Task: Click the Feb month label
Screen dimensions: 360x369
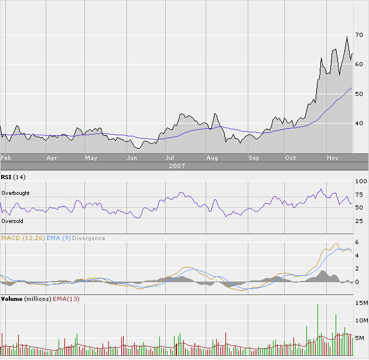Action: pyautogui.click(x=6, y=158)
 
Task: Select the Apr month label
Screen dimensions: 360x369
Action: pyautogui.click(x=52, y=158)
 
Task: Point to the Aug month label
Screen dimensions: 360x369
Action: pyautogui.click(x=212, y=158)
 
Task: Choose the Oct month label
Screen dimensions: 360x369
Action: pyautogui.click(x=291, y=158)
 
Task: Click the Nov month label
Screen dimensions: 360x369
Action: pyautogui.click(x=333, y=158)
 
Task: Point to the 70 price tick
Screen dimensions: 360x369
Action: pyautogui.click(x=359, y=36)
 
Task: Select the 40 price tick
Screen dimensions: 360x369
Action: pyautogui.click(x=359, y=124)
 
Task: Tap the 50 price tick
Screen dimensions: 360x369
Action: pyautogui.click(x=359, y=94)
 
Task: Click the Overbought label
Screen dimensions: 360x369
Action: pyautogui.click(x=15, y=193)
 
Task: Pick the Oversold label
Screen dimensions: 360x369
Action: pyautogui.click(x=12, y=221)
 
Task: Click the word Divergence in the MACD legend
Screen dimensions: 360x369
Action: pyautogui.click(x=89, y=238)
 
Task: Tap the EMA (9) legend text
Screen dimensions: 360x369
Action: pyautogui.click(x=57, y=238)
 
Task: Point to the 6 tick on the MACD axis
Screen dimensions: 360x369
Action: pyautogui.click(x=357, y=242)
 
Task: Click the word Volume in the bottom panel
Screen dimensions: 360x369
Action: pyautogui.click(x=12, y=299)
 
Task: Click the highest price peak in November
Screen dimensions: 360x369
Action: pyautogui.click(x=347, y=37)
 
